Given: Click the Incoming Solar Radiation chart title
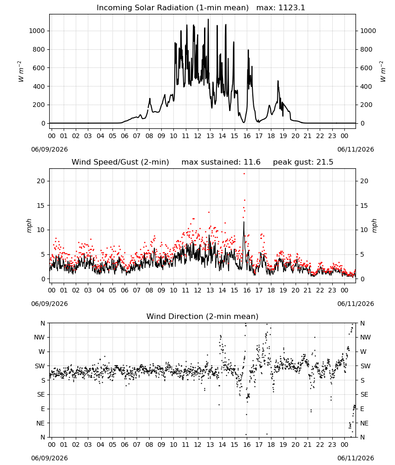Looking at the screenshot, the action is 172,8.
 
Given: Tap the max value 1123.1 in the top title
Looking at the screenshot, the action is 291,8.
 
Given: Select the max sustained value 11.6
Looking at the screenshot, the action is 252,162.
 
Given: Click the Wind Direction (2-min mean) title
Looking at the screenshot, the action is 203,316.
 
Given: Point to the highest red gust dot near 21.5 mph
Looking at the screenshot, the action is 244,173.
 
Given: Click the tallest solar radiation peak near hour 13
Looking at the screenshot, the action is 208,20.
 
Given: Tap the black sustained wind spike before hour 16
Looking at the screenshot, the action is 244,222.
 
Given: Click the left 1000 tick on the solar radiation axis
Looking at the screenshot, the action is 37,31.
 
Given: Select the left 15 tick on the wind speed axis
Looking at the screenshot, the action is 41,206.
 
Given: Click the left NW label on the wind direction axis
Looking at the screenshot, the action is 39,337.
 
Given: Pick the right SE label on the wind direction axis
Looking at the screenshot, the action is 364,394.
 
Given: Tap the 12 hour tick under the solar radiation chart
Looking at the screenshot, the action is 197,136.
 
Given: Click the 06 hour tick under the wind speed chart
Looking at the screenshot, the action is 125,290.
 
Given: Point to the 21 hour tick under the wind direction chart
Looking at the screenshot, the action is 308,445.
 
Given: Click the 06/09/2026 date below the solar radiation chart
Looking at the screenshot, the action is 49,149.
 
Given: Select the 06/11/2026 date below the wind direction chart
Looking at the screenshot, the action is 355,458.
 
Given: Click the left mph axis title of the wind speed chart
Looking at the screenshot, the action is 29,226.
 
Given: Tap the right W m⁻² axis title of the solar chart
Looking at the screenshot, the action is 382,71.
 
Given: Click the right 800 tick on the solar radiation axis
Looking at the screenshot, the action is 366,50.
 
